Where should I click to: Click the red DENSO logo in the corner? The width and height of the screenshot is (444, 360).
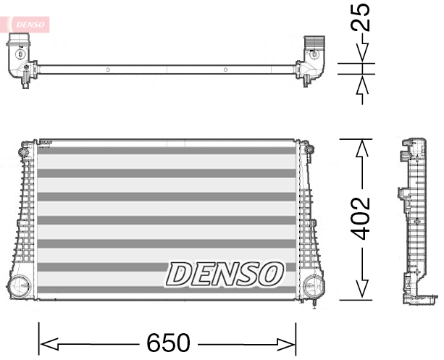(x=28, y=25)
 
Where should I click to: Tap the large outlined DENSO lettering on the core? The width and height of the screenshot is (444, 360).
(x=225, y=274)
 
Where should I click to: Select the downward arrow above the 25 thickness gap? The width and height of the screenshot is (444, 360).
(x=363, y=54)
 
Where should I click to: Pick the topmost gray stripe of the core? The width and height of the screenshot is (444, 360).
(x=167, y=151)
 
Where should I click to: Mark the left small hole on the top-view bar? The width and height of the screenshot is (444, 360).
(x=107, y=70)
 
